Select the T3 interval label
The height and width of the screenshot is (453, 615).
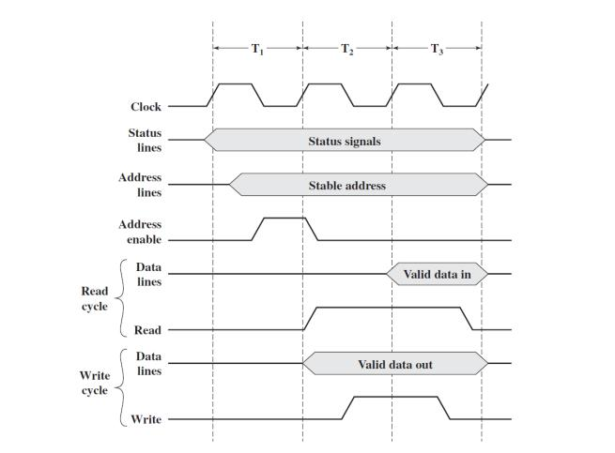pos(437,50)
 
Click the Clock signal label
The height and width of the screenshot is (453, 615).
pos(146,107)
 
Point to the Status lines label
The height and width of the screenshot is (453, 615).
pos(145,140)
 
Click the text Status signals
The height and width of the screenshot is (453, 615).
pos(345,141)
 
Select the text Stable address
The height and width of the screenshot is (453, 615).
pos(346,186)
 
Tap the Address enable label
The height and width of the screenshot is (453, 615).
pos(140,232)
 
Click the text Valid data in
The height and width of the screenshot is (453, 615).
pos(438,274)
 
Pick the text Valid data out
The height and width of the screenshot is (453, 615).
pos(395,364)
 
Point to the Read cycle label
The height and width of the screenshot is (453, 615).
pos(94,299)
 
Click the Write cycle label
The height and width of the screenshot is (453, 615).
pos(94,383)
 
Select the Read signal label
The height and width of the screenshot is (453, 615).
pos(147,330)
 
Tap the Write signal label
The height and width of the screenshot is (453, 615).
pos(146,419)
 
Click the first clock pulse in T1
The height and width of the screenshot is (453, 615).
pos(235,85)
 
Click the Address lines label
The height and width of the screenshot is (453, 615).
pos(140,185)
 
